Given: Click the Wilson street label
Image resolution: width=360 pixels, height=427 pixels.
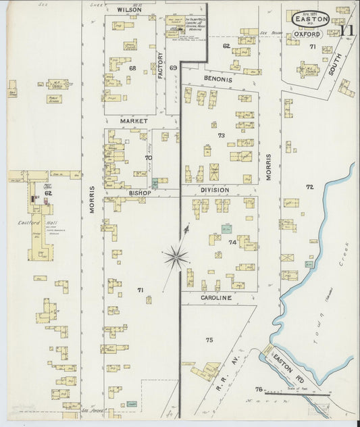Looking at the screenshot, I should pos(129,10).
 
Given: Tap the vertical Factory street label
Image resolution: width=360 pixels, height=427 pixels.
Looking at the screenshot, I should pos(161,66).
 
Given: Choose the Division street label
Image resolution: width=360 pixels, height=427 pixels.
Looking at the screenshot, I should pos(213,191).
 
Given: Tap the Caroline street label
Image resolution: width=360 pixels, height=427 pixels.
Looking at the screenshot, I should pos(216,297).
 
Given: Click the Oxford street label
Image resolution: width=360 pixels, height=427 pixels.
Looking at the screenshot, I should pos(307,34).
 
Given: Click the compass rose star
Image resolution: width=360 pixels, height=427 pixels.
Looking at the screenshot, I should pos(176,255).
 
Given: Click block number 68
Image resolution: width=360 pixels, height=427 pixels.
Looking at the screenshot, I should pos(133,68).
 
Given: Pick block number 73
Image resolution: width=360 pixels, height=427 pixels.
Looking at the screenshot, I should pos(221,136).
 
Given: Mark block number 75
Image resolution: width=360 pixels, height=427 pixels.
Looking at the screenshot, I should pos(209,339).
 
